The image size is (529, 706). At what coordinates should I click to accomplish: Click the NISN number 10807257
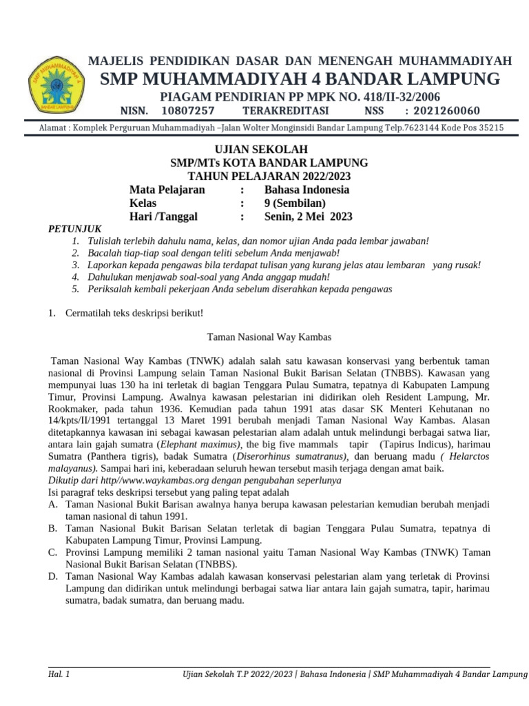point(187,111)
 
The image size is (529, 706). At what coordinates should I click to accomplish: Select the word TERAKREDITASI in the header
point(285,111)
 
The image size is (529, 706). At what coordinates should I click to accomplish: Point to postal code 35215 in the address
point(488,128)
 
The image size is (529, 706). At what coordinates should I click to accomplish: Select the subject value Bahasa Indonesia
point(307,190)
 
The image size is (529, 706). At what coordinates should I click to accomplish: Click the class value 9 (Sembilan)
point(295,203)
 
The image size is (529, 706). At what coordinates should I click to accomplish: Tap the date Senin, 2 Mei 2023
point(308,216)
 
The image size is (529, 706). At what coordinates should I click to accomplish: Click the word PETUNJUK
point(74,228)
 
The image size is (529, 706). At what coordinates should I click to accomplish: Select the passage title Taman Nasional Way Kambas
point(269,337)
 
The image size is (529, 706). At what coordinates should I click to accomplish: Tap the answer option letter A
point(52,505)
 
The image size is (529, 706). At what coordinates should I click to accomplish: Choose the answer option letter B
point(52,529)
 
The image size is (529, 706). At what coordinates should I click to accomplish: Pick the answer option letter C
point(52,552)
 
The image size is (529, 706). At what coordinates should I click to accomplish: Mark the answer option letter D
point(52,576)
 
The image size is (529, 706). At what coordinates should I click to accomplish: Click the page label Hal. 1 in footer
point(59,673)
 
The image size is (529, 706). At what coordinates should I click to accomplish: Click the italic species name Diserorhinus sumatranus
point(291,456)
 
